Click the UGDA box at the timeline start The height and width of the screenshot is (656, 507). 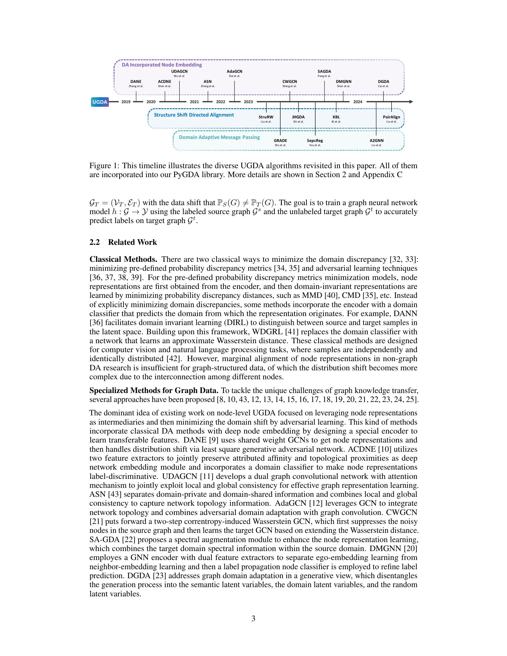[x=100, y=102]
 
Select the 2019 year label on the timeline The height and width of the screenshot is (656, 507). [x=126, y=102]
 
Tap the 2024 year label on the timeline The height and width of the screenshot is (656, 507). [x=357, y=102]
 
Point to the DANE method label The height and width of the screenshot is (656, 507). [x=136, y=81]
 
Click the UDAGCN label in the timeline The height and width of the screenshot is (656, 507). [x=179, y=72]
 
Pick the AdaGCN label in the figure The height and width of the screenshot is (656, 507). [x=234, y=72]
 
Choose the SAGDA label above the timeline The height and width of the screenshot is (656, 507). [x=324, y=72]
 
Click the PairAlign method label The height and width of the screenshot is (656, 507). [x=391, y=117]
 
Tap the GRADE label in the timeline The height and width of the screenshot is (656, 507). [x=280, y=140]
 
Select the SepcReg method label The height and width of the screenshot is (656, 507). [x=315, y=140]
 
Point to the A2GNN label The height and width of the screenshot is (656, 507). [x=376, y=140]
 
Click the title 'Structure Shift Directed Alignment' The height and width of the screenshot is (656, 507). [x=194, y=115]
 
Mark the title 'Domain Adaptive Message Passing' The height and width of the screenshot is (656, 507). [x=219, y=137]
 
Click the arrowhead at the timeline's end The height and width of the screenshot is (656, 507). [x=411, y=102]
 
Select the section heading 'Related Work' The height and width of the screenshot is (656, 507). [x=132, y=242]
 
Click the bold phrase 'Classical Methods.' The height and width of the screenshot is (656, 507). [x=123, y=259]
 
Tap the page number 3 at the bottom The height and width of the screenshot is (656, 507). [x=253, y=618]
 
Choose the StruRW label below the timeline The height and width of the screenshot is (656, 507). [x=266, y=117]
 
